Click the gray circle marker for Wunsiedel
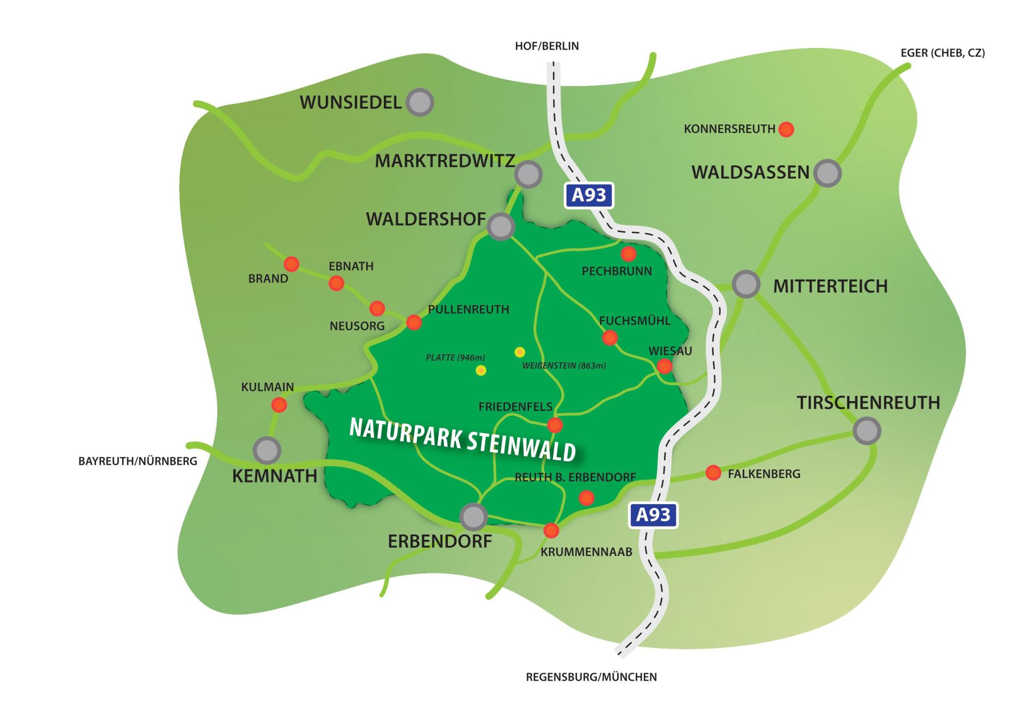tap(420, 102)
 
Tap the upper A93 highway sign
tap(589, 195)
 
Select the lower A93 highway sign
tap(653, 515)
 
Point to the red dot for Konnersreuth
tap(786, 129)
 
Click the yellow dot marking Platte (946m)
tap(481, 370)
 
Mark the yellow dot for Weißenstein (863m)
tap(519, 352)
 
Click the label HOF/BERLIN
tap(547, 46)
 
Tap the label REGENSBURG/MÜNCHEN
tap(591, 677)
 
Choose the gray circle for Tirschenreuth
tap(866, 431)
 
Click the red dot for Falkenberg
tap(713, 473)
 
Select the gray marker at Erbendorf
tap(473, 516)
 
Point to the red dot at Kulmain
tap(279, 405)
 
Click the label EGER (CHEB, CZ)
tap(942, 53)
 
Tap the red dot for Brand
tap(291, 264)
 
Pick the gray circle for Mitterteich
tap(746, 284)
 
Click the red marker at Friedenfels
tap(555, 425)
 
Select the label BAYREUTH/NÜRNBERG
tap(138, 461)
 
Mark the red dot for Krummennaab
tap(551, 530)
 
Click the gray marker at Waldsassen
tap(827, 173)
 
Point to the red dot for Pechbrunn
tap(628, 253)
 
